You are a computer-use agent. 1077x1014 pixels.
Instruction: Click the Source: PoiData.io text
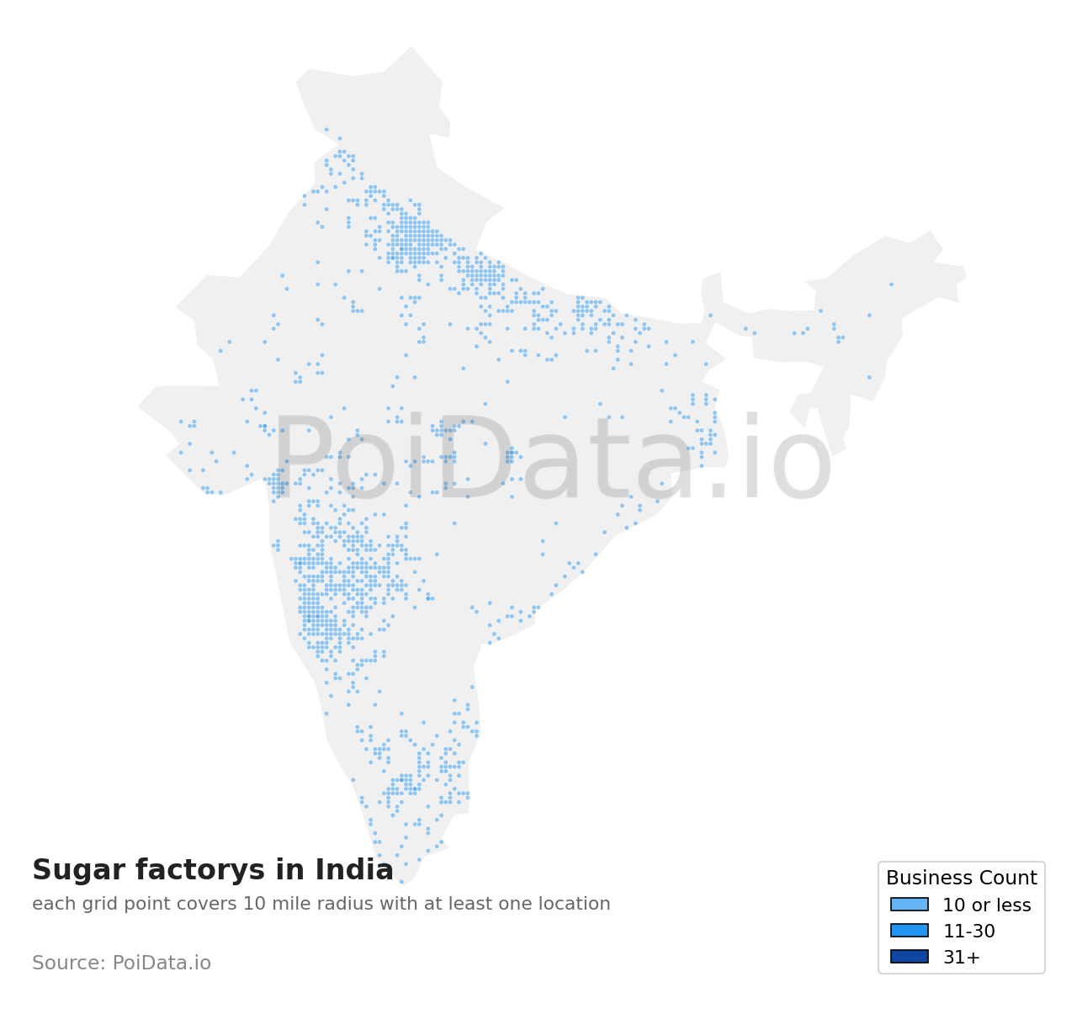point(121,964)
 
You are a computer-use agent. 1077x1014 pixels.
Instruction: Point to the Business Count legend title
point(961,879)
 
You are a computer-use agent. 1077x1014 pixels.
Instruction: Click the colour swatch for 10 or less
point(910,905)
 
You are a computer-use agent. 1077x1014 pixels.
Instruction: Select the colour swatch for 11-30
point(910,931)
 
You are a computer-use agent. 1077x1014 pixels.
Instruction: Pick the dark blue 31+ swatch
point(910,957)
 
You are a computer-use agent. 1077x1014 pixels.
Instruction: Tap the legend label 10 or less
point(986,905)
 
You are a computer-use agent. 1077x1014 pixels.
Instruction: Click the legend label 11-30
point(968,932)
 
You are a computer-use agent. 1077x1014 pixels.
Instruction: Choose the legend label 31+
point(961,958)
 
